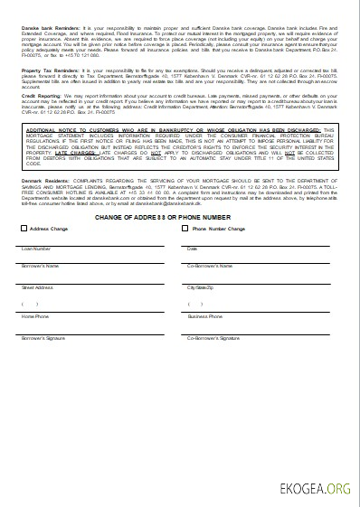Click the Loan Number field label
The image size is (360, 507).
tap(36, 248)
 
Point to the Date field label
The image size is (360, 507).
tap(192, 248)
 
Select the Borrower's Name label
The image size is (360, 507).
tap(41, 266)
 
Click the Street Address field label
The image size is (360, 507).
tap(38, 287)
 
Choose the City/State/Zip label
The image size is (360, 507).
tap(201, 287)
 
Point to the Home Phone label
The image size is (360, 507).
tap(35, 317)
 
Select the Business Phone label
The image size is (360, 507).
tap(205, 317)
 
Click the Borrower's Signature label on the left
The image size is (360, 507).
tap(43, 338)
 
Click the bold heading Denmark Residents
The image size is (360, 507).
tap(42, 181)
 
